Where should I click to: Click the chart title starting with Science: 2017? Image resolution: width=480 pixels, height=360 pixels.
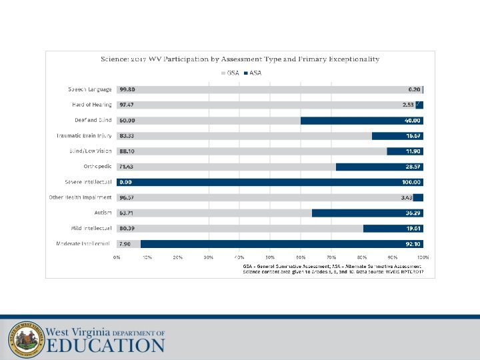click(240, 59)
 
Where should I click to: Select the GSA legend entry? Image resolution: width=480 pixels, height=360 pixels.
click(231, 73)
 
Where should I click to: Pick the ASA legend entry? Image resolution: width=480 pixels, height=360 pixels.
click(252, 73)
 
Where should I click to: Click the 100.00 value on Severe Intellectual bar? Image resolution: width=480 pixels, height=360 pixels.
click(411, 182)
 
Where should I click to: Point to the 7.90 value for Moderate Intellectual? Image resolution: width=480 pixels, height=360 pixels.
click(125, 243)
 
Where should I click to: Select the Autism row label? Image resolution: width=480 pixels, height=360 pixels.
click(102, 213)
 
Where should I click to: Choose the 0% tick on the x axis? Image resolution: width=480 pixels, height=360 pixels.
click(117, 257)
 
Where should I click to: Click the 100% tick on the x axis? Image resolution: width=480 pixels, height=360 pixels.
click(423, 257)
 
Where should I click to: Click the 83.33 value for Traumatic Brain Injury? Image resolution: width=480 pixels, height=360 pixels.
click(127, 135)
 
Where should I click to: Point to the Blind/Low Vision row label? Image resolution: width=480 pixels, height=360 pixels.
click(86, 151)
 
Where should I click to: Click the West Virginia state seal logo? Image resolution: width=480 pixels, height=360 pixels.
click(25, 339)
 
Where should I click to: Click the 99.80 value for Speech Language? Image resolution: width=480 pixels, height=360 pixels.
click(127, 89)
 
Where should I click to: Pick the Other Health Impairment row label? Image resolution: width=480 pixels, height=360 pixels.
click(80, 197)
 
